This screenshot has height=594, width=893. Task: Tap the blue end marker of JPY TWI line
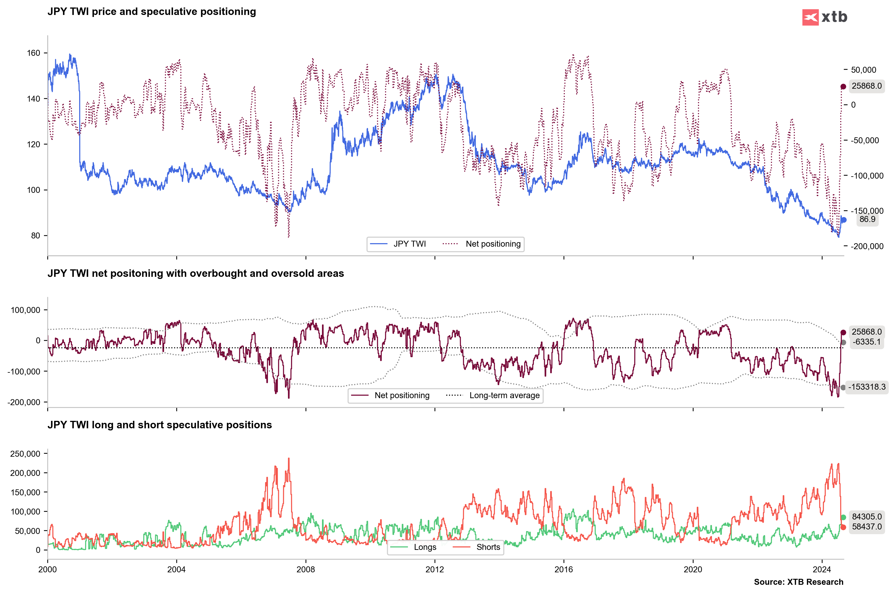(843, 220)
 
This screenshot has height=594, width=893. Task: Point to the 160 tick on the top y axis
(33, 53)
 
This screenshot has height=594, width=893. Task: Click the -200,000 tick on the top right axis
(867, 246)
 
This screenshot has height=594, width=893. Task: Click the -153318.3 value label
(867, 387)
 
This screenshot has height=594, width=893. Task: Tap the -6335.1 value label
(867, 342)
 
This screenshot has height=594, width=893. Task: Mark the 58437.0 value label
(867, 526)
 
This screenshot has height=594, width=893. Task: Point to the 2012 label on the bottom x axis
(435, 569)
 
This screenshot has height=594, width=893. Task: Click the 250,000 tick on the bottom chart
(25, 454)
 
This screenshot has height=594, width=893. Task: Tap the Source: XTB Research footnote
(798, 582)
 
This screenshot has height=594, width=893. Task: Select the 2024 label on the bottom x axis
(822, 569)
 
